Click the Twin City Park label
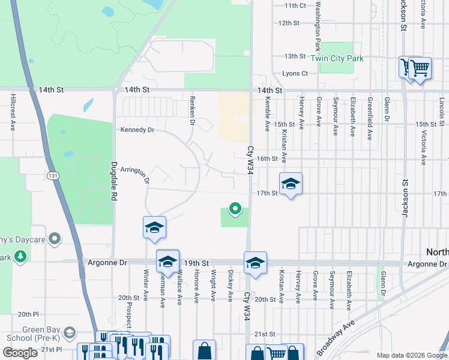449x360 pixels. [x=337, y=59]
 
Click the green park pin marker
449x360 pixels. [x=235, y=209]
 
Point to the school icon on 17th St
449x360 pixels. [x=291, y=184]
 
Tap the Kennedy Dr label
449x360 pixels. [x=137, y=130]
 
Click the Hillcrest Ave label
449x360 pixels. [x=13, y=112]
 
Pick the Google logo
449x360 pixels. [x=20, y=353]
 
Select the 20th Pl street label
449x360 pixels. [x=28, y=314]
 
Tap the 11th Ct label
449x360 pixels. [x=295, y=5]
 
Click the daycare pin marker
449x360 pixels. [x=55, y=239]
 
